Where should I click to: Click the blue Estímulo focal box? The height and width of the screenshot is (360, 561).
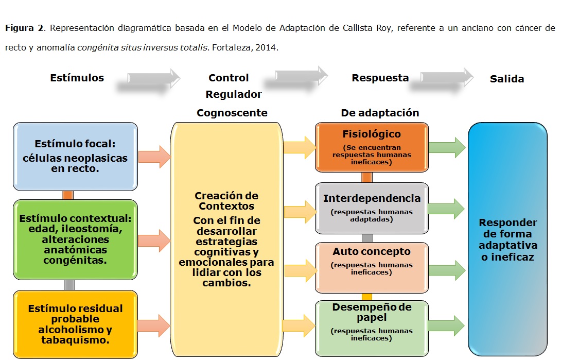point(75,156)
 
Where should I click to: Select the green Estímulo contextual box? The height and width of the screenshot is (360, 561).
point(75,239)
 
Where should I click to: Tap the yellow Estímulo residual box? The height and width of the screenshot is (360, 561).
point(75,324)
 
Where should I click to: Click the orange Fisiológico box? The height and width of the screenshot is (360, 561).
point(372,147)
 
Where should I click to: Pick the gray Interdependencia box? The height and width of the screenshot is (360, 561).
point(372,208)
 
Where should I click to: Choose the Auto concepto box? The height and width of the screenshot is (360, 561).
point(372,267)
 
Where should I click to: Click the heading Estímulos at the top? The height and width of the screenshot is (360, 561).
point(77,78)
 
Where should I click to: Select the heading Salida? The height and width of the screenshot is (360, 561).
point(507,79)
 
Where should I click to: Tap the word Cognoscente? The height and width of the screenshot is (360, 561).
point(232,113)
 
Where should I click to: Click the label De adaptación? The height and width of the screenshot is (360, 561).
point(380,113)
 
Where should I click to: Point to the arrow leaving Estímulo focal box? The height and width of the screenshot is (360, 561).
point(154,157)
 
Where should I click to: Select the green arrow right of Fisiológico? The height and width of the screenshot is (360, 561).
point(446,148)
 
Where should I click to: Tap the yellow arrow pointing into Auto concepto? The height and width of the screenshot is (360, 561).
point(300,270)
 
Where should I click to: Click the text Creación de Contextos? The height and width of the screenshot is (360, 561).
point(226,201)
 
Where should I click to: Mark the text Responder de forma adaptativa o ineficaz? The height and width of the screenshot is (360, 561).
point(508,239)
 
